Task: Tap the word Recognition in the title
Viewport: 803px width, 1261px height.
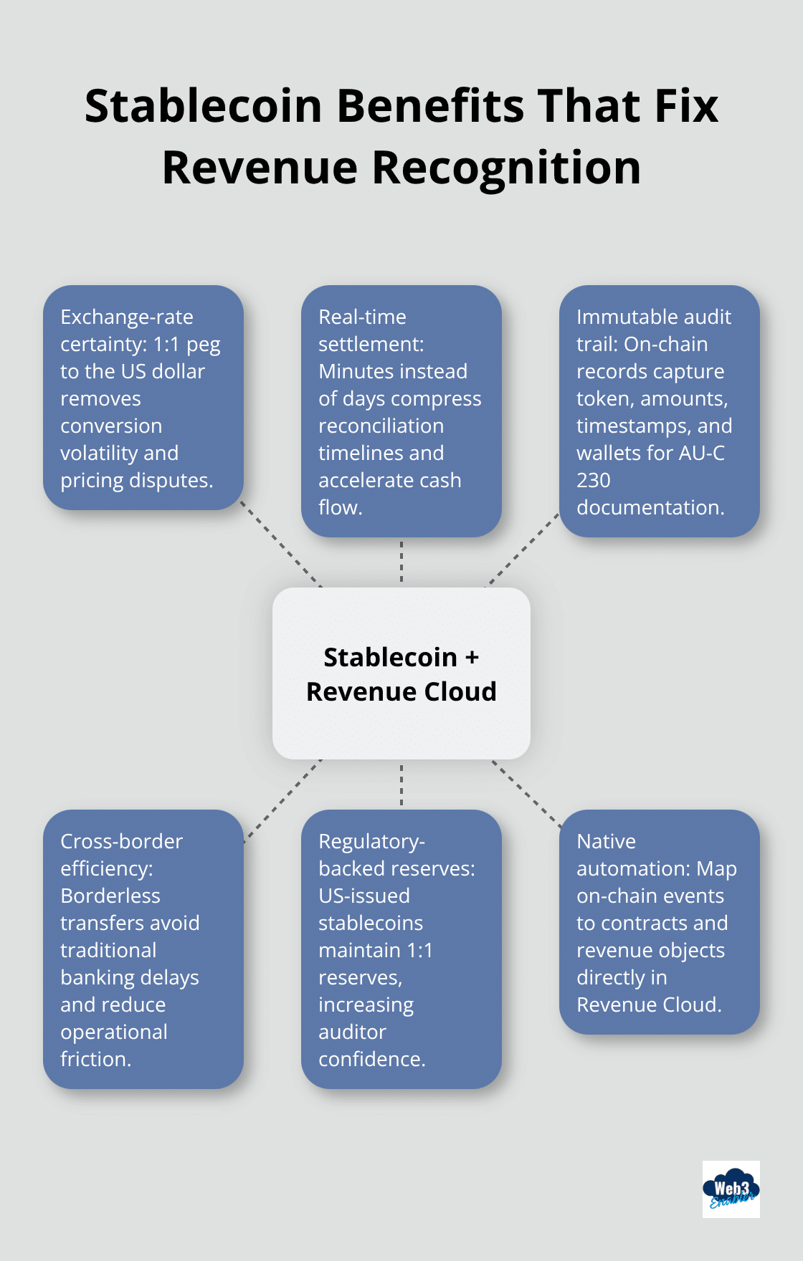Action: point(505,168)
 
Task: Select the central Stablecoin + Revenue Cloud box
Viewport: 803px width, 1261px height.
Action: point(401,673)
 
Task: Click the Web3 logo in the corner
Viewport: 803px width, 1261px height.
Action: point(731,1189)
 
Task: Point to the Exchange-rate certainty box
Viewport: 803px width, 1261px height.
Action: point(143,398)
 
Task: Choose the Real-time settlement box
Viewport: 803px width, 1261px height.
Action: point(401,411)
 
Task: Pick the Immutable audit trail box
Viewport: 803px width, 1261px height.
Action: point(659,411)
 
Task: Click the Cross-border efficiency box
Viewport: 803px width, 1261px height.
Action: point(143,949)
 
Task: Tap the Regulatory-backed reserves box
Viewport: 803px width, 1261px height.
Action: point(401,949)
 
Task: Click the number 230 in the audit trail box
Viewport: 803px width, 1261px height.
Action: point(594,480)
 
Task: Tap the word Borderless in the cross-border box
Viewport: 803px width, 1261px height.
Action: point(110,896)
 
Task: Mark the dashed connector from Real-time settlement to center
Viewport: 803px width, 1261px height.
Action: point(401,562)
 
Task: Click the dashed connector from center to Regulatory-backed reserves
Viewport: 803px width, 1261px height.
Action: point(401,785)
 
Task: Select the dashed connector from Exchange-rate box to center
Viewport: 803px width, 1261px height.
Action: point(281,545)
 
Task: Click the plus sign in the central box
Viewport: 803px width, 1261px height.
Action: point(472,657)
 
